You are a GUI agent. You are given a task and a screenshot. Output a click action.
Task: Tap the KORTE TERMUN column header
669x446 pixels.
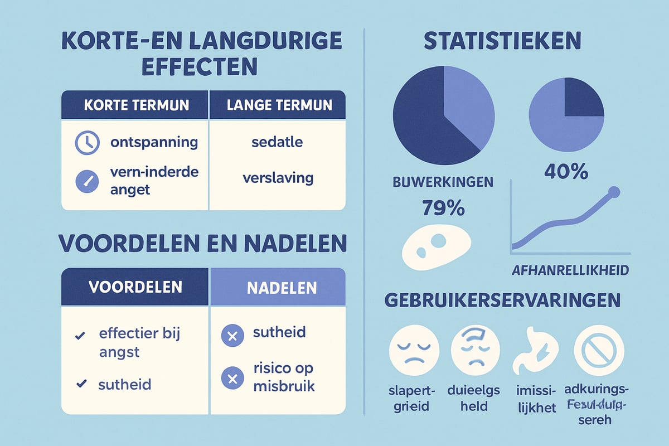(x=135, y=105)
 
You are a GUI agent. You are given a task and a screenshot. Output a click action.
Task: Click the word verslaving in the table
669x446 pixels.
(x=278, y=178)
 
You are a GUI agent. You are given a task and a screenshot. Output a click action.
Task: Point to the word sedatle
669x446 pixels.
(x=277, y=142)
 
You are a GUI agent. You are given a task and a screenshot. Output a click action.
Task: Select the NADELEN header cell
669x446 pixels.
(x=277, y=288)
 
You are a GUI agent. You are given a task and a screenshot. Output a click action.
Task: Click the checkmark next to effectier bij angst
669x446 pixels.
(x=80, y=336)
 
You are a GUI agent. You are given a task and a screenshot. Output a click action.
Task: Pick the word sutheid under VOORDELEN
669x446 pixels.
(x=125, y=384)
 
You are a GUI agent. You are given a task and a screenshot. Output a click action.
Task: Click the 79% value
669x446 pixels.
(x=440, y=209)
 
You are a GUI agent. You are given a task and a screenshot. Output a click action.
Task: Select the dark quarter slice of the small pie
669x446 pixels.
(x=584, y=98)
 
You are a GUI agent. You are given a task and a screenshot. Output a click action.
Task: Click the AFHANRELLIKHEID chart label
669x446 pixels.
(x=570, y=270)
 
